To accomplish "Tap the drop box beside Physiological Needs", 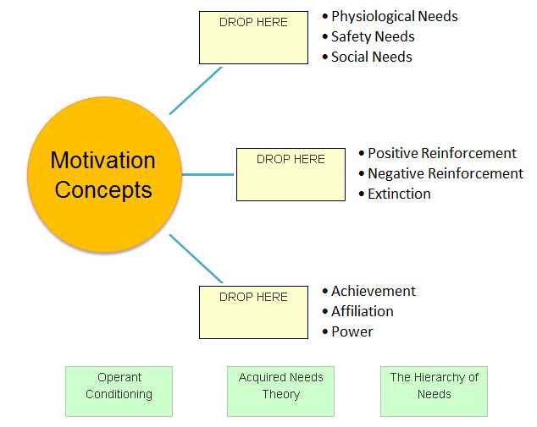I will (x=253, y=37).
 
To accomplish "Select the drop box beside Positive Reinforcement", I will (x=291, y=174).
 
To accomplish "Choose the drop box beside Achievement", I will (x=253, y=312).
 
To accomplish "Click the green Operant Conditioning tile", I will (x=119, y=390).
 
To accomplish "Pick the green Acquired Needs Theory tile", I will (x=280, y=390).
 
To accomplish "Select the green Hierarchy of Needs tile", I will (x=434, y=390).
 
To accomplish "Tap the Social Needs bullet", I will (x=371, y=57).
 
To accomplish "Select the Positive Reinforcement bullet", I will (x=441, y=153).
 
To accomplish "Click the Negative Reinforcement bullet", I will (x=445, y=173).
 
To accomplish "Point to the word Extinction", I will (x=399, y=194).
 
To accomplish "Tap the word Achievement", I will (x=373, y=291).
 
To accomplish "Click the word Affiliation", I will (x=362, y=311).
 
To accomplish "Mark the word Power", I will (x=352, y=331).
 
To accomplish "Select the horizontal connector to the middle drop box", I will (x=208, y=175).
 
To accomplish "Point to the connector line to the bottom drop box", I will (x=196, y=259).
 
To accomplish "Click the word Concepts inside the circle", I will (x=103, y=189).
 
